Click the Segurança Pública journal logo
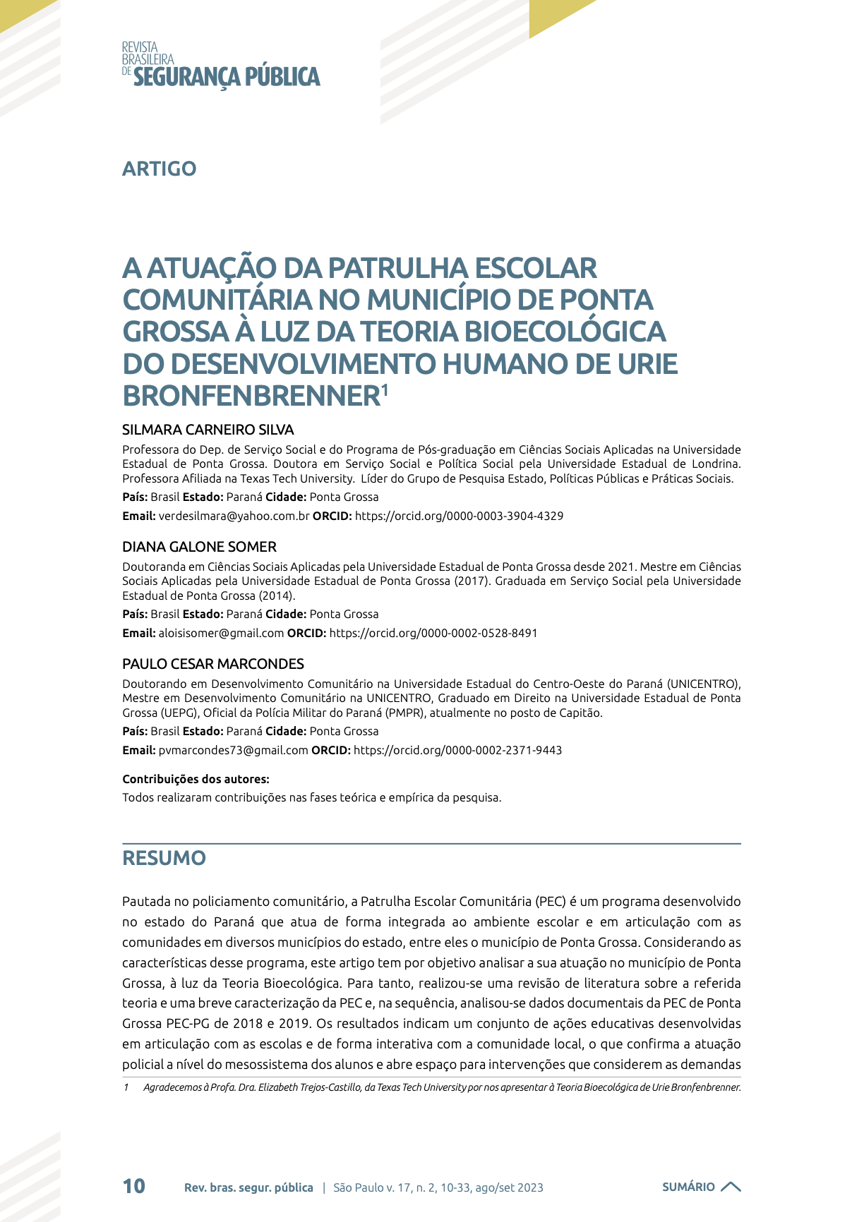tap(221, 66)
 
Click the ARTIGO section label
tap(159, 169)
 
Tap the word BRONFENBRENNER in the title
tap(251, 396)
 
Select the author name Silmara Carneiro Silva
tap(208, 430)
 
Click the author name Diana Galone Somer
tap(199, 547)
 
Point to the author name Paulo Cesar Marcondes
tap(212, 664)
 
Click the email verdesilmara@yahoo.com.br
tap(234, 516)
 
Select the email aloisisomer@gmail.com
tap(221, 633)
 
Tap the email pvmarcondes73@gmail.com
tap(233, 750)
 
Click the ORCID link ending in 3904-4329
tap(459, 516)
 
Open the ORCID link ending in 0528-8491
tap(433, 633)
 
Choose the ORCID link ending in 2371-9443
tap(457, 750)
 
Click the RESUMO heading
tap(164, 858)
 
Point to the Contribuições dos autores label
tap(196, 779)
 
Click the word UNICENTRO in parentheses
tap(702, 684)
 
